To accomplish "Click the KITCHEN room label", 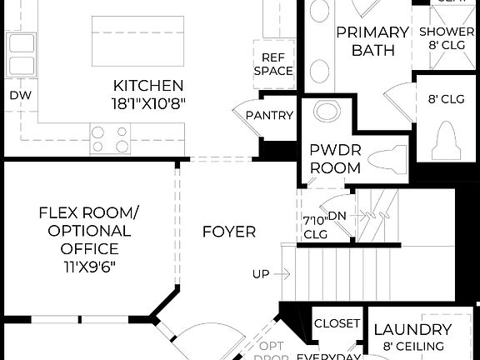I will [x=148, y=85].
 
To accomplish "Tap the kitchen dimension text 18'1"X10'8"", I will [x=148, y=102].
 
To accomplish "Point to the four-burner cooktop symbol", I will [x=111, y=138].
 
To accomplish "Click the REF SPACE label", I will [x=277, y=64].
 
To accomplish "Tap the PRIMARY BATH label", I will [x=372, y=42].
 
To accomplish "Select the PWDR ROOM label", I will [x=335, y=159].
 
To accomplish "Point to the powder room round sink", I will [x=329, y=112].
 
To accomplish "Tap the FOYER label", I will [x=229, y=232].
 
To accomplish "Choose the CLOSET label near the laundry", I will [x=337, y=323].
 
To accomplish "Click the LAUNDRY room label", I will [x=412, y=330].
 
